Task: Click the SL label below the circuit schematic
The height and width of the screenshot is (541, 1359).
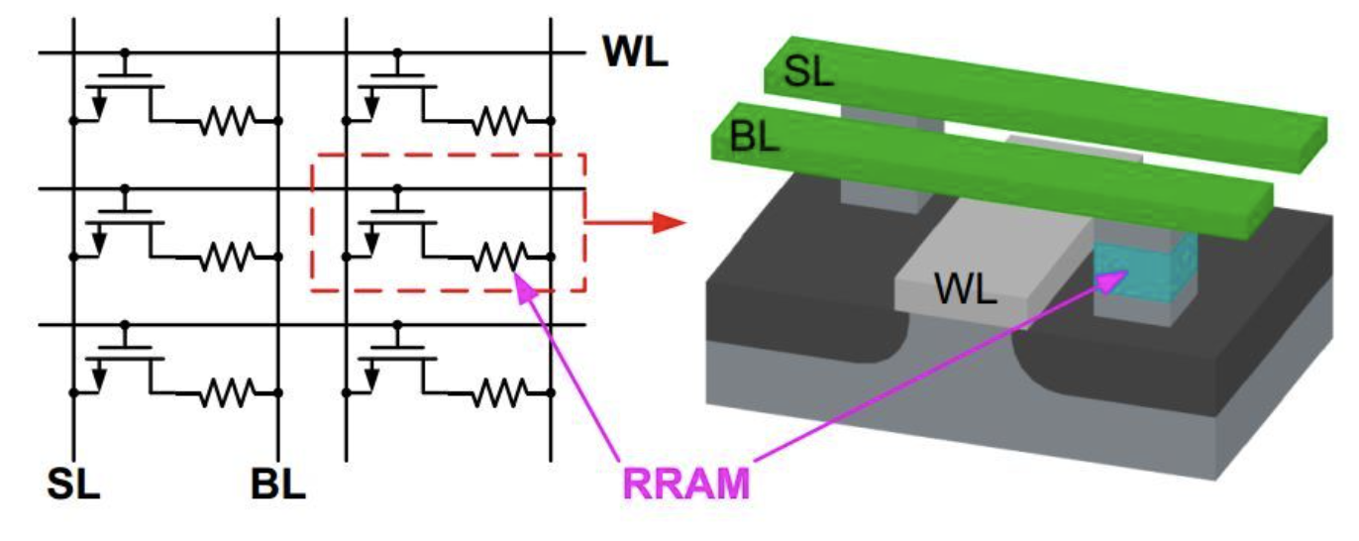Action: (x=74, y=486)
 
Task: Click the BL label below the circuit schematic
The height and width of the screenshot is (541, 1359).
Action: (x=278, y=486)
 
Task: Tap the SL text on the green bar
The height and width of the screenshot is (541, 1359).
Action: (x=808, y=71)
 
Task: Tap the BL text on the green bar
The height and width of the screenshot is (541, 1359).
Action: (x=755, y=137)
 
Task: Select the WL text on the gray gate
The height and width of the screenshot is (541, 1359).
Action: (x=966, y=290)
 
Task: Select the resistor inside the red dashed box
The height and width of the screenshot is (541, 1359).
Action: (x=498, y=258)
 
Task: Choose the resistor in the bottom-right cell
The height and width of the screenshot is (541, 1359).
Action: (x=498, y=393)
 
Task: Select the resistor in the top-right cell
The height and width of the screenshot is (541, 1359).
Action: (x=498, y=122)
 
